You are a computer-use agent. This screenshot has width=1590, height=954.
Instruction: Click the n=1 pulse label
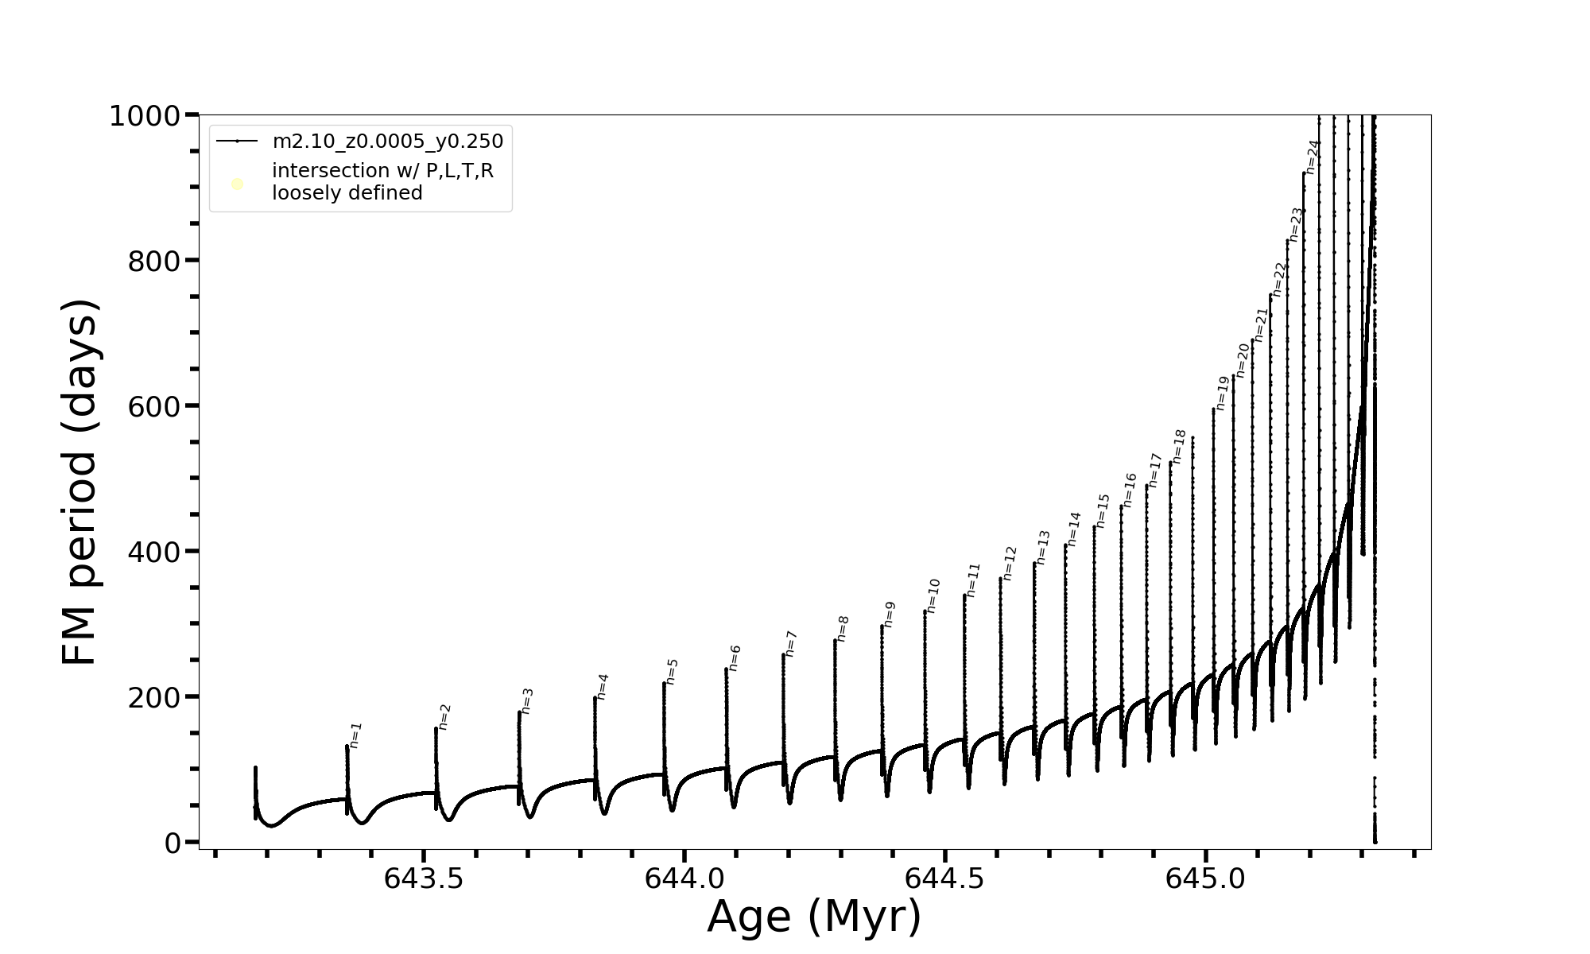tap(356, 735)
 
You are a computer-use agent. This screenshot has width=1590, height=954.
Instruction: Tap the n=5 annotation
tap(672, 671)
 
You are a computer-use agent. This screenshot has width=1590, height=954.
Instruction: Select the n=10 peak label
tap(933, 595)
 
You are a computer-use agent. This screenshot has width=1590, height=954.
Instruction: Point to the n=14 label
tap(1074, 529)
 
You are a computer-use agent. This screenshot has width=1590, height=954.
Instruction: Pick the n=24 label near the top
tap(1313, 157)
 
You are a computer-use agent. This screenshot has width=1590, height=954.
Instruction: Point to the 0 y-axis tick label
tap(173, 843)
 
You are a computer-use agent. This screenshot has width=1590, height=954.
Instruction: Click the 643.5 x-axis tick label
tap(423, 879)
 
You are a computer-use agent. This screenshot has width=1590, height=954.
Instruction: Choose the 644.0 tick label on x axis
tap(684, 879)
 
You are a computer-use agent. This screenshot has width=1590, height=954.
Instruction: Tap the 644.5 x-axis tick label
tap(944, 879)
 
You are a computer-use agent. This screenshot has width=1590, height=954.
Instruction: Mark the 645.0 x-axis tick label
tap(1205, 879)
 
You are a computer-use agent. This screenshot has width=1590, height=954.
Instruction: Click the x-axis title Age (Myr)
tap(814, 917)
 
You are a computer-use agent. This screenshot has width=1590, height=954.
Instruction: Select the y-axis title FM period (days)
tap(79, 483)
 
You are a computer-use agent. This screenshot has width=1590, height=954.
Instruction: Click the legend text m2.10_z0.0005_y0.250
tap(388, 142)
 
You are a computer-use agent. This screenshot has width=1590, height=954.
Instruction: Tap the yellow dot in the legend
tap(237, 184)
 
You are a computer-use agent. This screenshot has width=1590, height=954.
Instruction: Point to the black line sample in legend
tap(237, 142)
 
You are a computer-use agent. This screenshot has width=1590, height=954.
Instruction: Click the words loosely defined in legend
tap(347, 193)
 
